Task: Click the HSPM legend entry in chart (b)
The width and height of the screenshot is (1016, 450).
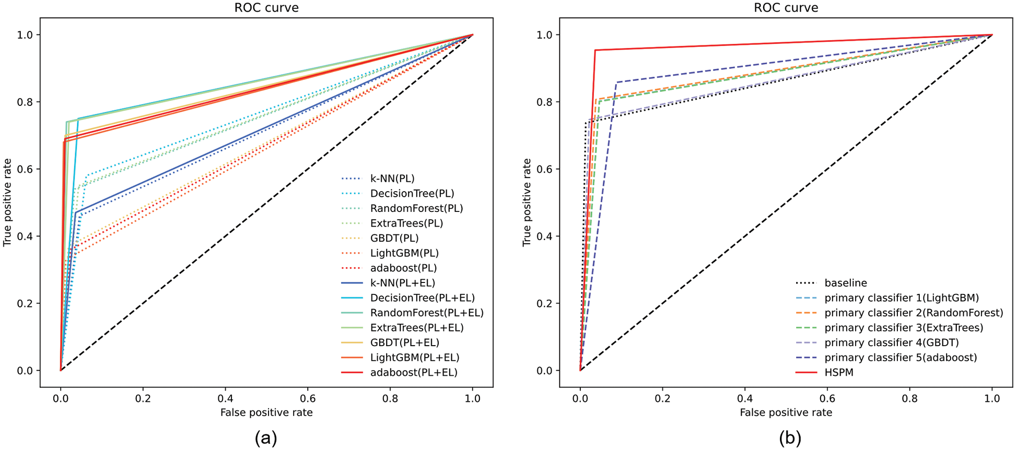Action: (x=838, y=372)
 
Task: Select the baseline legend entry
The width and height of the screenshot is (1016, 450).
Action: (x=845, y=283)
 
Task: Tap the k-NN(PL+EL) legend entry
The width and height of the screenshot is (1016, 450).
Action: (x=402, y=283)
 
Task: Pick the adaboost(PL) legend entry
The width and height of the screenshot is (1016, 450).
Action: (x=403, y=268)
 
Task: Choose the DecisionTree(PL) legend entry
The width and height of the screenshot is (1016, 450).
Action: (x=412, y=194)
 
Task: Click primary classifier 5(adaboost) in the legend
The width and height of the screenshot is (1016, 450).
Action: (x=900, y=358)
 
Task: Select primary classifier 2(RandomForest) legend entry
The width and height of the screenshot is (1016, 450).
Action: (x=913, y=313)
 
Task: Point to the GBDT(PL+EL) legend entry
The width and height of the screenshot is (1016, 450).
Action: (x=404, y=342)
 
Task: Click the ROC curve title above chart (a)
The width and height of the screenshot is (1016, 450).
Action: (x=266, y=8)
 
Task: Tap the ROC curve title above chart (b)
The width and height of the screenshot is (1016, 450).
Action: (x=786, y=8)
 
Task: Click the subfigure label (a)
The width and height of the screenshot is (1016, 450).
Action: (x=266, y=437)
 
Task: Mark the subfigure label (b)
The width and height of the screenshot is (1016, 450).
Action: (x=789, y=437)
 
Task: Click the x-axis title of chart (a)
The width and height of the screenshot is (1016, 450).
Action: (x=266, y=412)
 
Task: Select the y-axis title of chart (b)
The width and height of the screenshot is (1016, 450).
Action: (x=527, y=203)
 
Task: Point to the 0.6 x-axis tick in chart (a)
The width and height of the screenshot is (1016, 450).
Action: (x=308, y=398)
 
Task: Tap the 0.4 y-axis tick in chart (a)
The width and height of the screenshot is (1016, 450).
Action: (x=25, y=236)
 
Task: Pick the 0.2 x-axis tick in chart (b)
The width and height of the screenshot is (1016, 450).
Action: (x=662, y=398)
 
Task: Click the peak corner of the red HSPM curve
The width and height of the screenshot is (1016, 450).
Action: (x=595, y=50)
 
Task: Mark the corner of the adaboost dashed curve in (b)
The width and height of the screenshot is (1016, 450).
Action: (x=616, y=82)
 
